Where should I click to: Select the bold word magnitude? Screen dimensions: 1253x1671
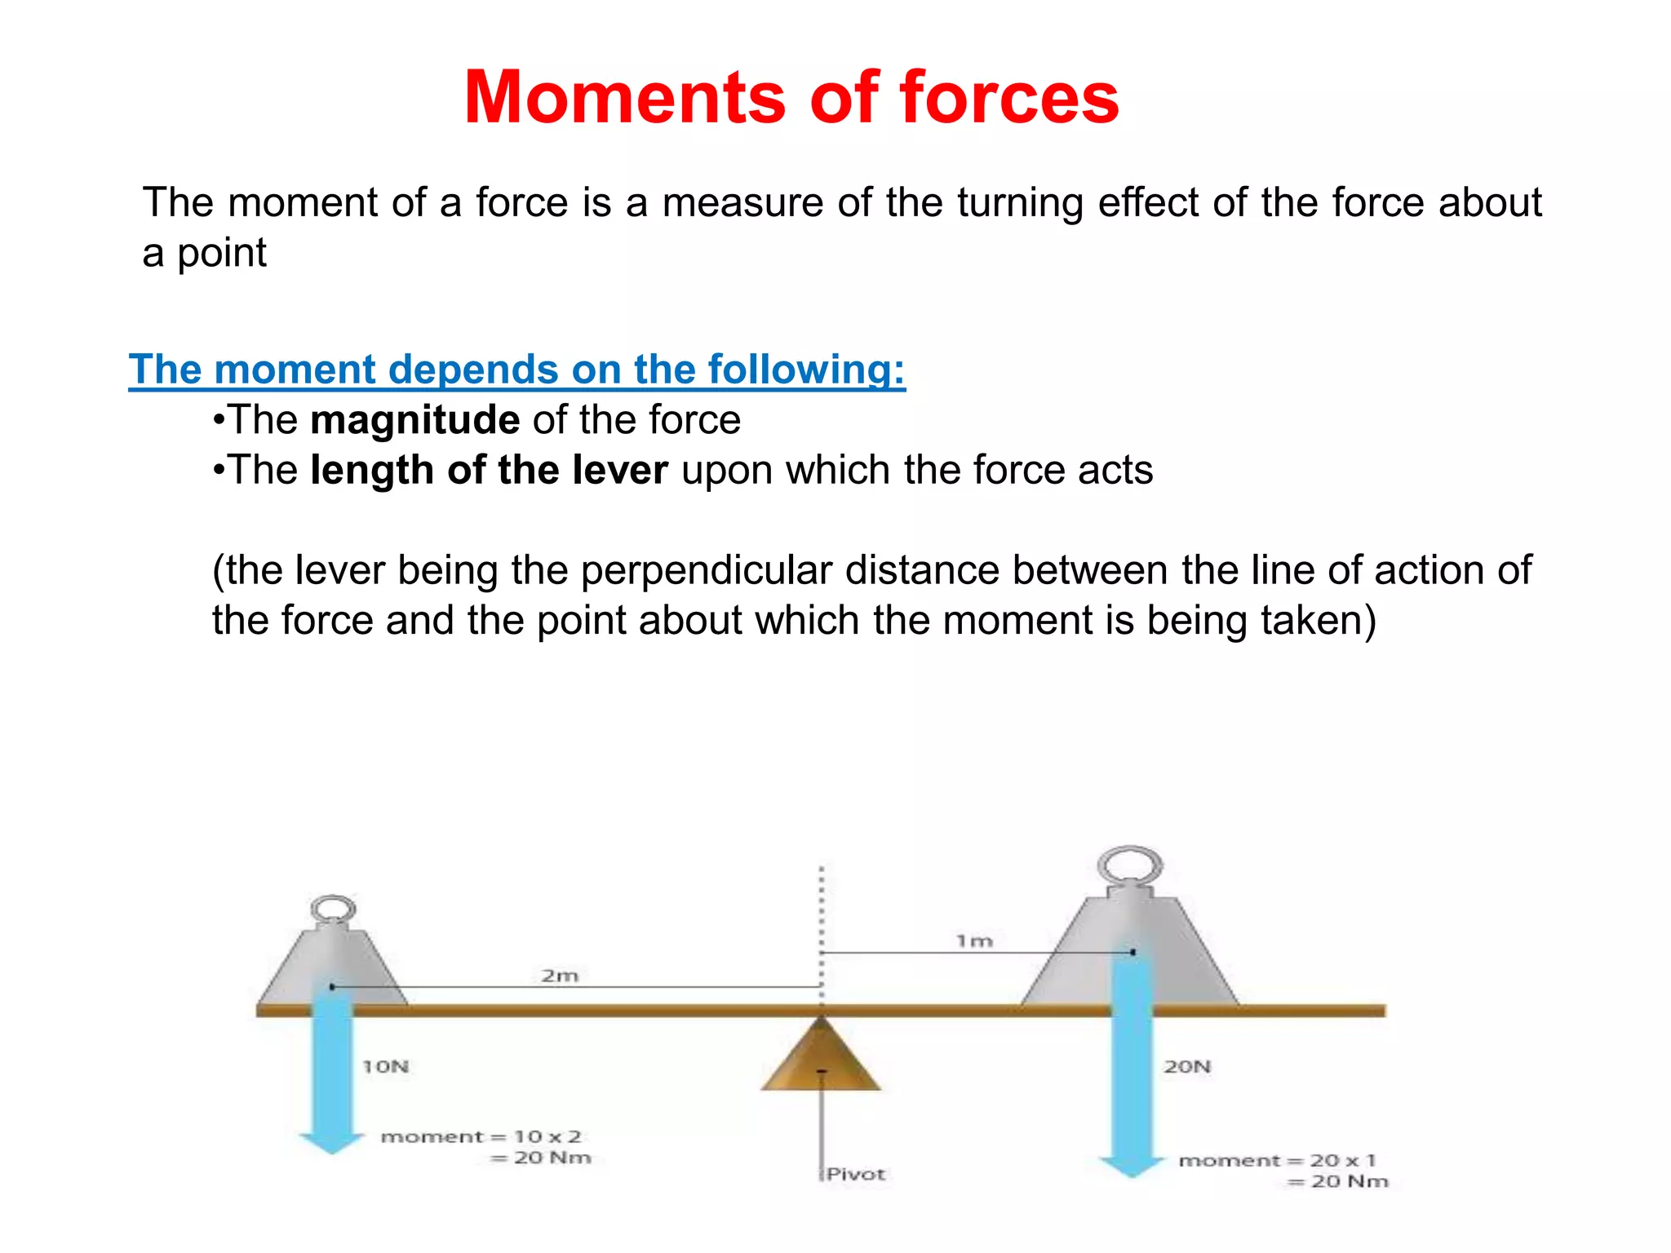tap(414, 420)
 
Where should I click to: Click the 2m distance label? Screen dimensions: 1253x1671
tap(560, 976)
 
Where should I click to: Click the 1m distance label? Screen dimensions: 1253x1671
tap(974, 941)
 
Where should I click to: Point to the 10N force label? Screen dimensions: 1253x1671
tap(386, 1066)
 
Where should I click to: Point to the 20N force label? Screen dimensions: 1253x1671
tap(1187, 1066)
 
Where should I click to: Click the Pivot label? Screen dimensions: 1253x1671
tap(856, 1174)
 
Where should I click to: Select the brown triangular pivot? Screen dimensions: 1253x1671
tap(821, 1060)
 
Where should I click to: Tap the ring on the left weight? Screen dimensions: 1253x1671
tap(334, 909)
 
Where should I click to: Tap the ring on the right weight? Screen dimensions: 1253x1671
tap(1130, 865)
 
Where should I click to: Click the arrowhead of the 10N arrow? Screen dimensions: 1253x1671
tap(331, 1142)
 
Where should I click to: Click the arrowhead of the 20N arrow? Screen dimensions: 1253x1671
tap(1132, 1167)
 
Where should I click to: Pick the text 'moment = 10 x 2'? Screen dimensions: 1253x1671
tap(481, 1136)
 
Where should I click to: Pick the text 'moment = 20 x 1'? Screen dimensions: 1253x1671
tap(1277, 1160)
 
